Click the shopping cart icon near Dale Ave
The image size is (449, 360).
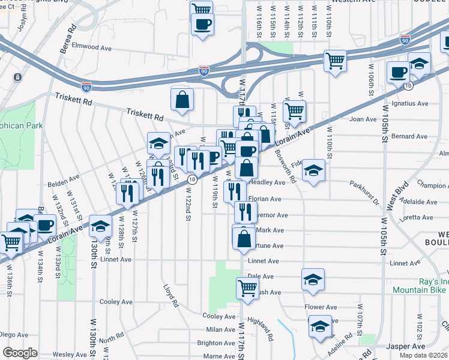(x=247, y=288)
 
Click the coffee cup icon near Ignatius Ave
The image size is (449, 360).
(x=397, y=73)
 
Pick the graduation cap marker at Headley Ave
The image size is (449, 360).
(x=313, y=170)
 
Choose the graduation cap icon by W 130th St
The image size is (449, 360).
(x=101, y=226)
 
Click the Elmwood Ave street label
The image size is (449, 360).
(x=92, y=46)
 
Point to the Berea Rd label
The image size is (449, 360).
(x=73, y=37)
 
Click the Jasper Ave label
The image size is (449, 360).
(x=406, y=346)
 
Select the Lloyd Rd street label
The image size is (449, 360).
(x=172, y=295)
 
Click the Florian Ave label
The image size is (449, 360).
(x=267, y=199)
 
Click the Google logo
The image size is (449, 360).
(x=20, y=353)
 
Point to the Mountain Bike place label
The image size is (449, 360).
(x=420, y=289)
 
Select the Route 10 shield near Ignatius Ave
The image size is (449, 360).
(x=408, y=86)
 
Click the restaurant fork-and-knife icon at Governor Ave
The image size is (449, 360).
(x=246, y=212)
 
